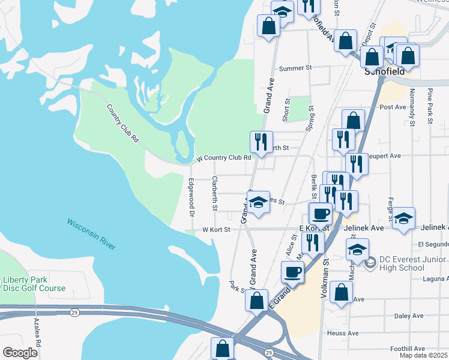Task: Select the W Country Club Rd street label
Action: (x=223, y=158)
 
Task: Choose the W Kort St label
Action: (x=216, y=229)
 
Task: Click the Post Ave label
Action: (x=393, y=107)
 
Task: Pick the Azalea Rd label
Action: (x=38, y=336)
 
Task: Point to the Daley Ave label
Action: (x=409, y=316)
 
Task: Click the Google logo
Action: (x=20, y=353)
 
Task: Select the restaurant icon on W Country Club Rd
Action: (x=261, y=142)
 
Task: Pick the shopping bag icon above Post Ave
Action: (x=354, y=120)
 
